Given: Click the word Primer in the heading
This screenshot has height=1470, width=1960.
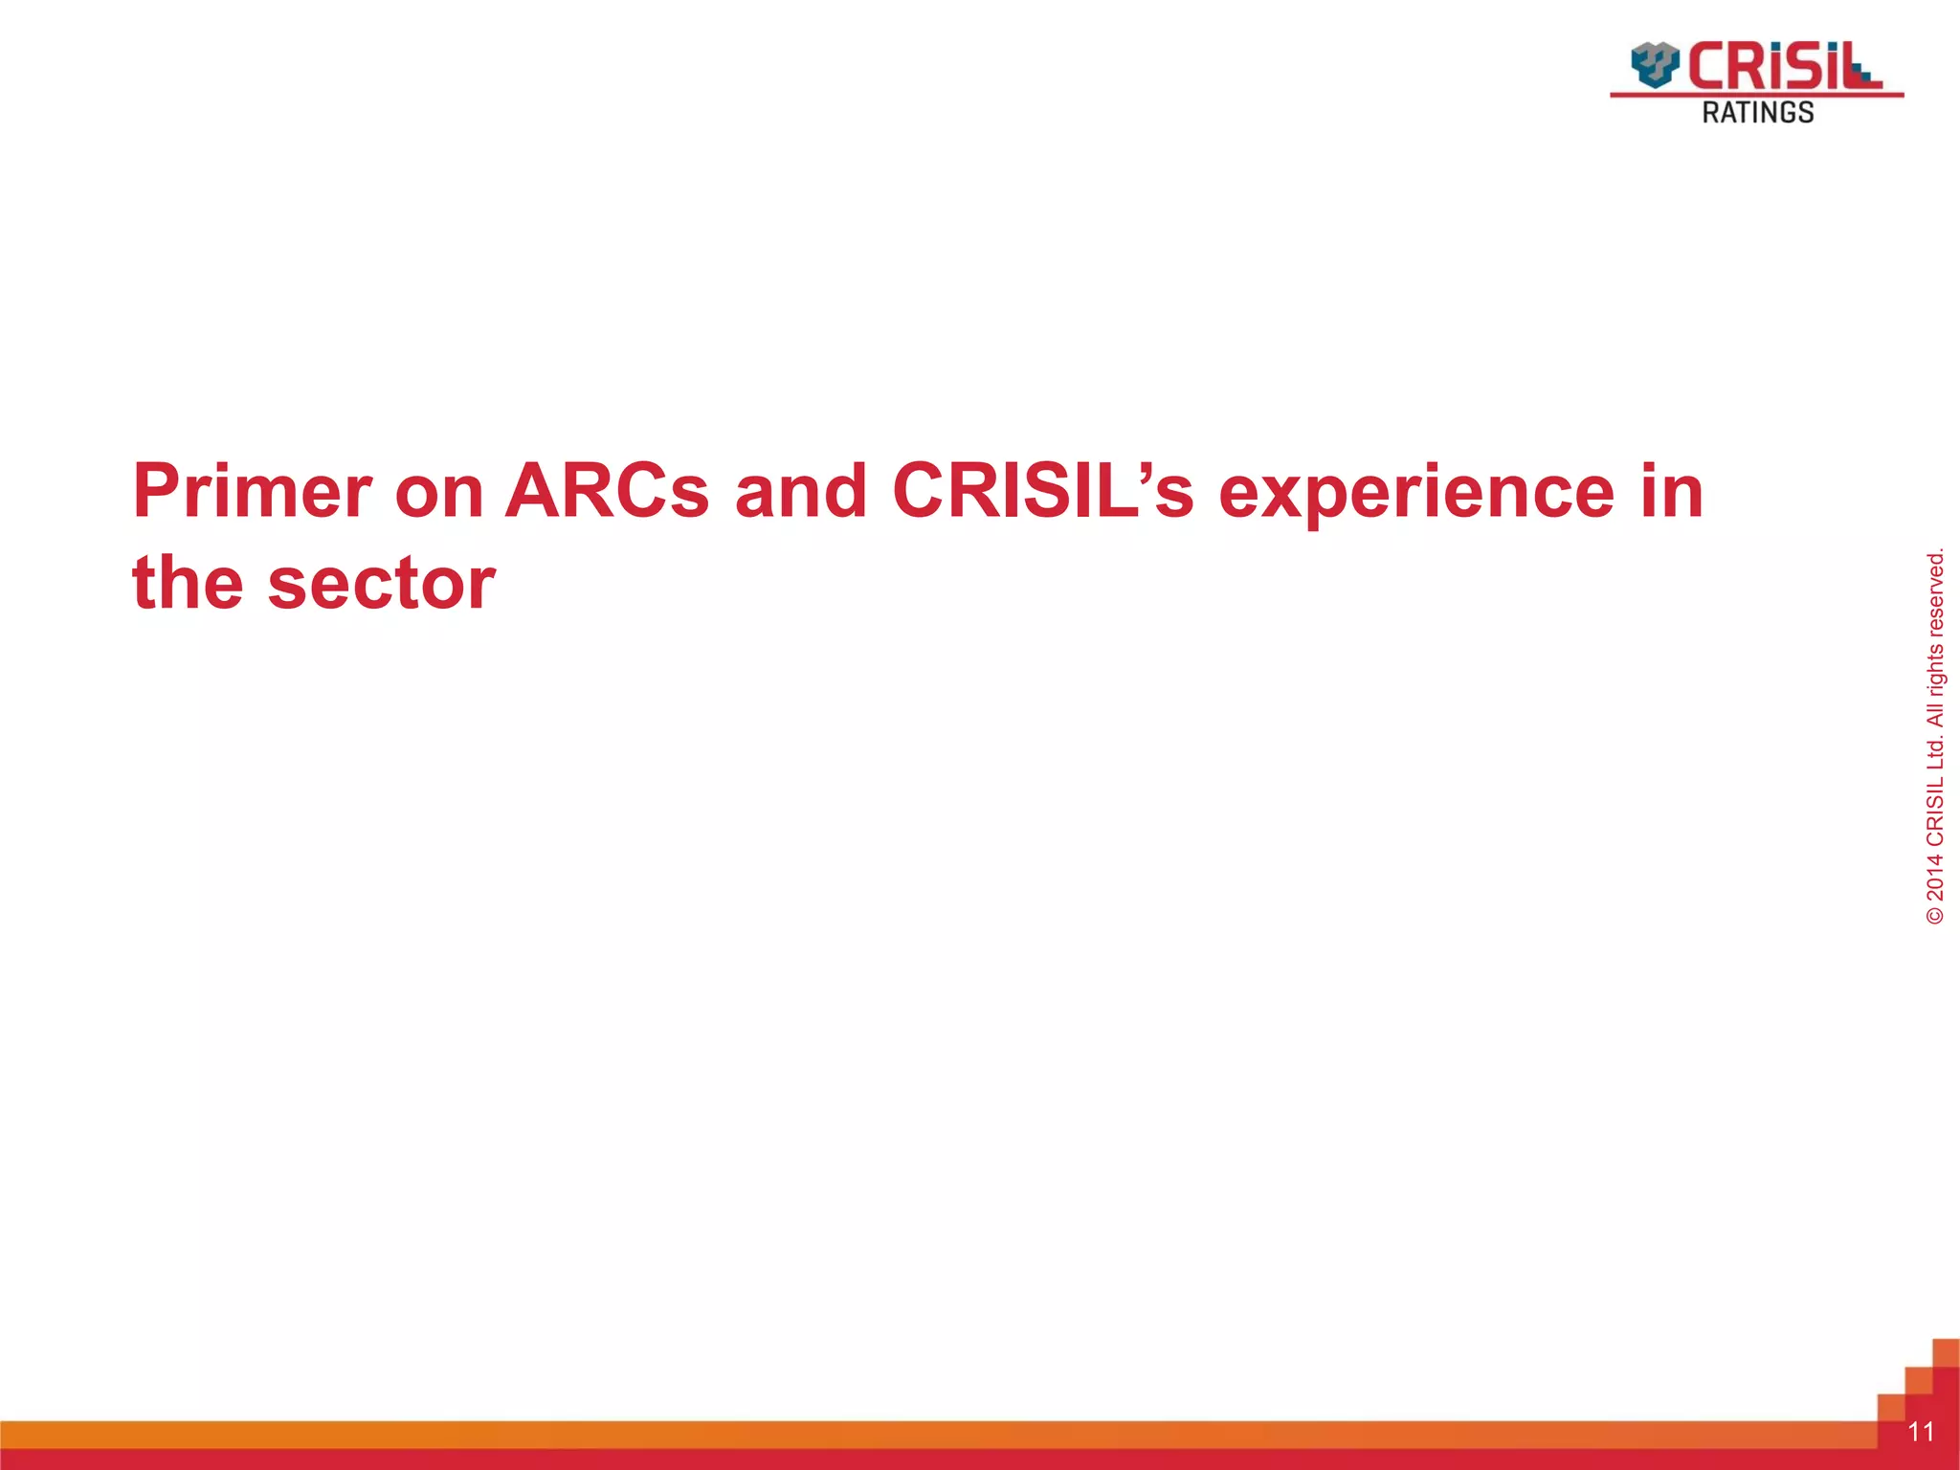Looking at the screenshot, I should pyautogui.click(x=252, y=492).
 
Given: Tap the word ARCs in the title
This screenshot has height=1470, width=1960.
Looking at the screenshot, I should pyautogui.click(x=607, y=492).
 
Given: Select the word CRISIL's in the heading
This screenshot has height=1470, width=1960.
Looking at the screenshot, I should pyautogui.click(x=1042, y=492).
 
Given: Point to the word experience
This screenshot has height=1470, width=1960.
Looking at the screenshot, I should pyautogui.click(x=1416, y=492).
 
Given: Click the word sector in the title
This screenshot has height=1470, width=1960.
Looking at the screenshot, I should pyautogui.click(x=381, y=584).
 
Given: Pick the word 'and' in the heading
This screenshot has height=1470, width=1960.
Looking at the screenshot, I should pyautogui.click(x=800, y=492).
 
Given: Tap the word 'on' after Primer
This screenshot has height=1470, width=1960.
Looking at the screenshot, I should pyautogui.click(x=438, y=492).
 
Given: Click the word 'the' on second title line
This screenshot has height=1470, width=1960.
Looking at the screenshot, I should pyautogui.click(x=188, y=584).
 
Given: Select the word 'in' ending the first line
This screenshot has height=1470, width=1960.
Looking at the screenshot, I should pyautogui.click(x=1672, y=492).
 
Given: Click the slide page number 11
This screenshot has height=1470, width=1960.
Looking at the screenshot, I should pyautogui.click(x=1921, y=1432).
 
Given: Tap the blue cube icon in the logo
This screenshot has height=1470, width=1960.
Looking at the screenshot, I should pyautogui.click(x=1655, y=64).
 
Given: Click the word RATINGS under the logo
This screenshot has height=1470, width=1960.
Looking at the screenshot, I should pyautogui.click(x=1757, y=113).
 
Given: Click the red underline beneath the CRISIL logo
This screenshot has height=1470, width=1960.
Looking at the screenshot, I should pyautogui.click(x=1757, y=95).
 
